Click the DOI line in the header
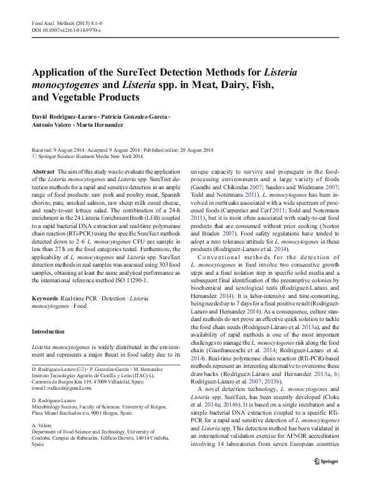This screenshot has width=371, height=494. point(66,30)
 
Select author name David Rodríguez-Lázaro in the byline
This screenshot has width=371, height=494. point(62,117)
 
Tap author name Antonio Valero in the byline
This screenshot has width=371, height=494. point(52,126)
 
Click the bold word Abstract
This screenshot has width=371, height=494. point(43,171)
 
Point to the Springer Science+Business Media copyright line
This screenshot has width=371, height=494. point(90,157)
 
